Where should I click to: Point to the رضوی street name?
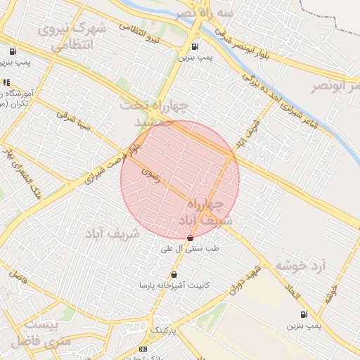(150, 174)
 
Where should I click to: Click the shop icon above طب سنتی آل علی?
(191, 238)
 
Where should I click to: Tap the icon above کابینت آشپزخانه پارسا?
(174, 274)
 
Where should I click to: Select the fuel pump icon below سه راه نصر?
(195, 48)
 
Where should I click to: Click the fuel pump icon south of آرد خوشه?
(304, 315)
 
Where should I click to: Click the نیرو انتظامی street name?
(140, 32)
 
